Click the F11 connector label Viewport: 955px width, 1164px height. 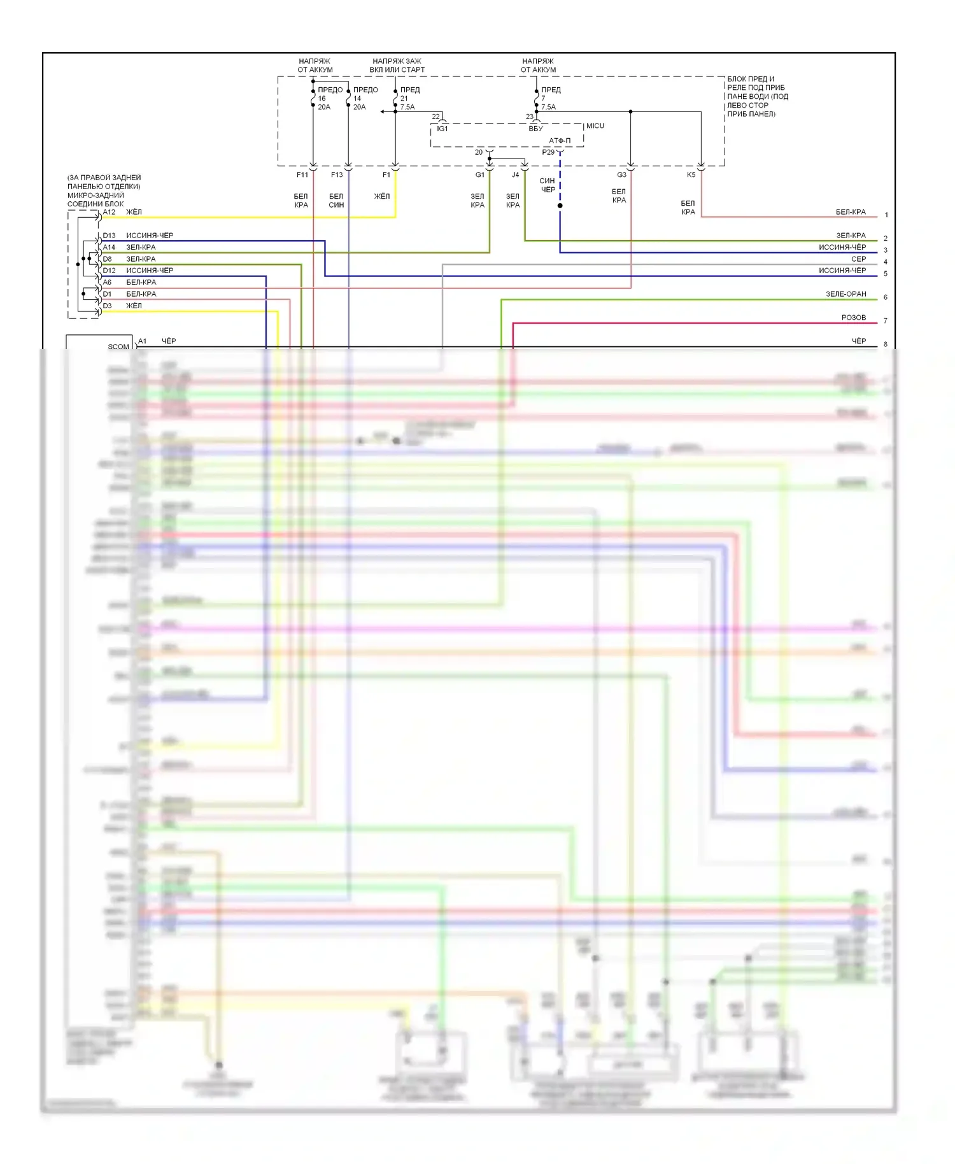(x=302, y=174)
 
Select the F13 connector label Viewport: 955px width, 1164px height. (x=337, y=174)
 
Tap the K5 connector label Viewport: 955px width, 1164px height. (x=691, y=174)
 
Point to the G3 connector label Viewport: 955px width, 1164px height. (x=621, y=174)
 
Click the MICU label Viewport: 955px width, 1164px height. (x=595, y=126)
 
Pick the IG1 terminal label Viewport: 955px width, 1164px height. (x=442, y=129)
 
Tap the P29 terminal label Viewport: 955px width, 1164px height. (x=548, y=152)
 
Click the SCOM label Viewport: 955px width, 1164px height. (x=118, y=347)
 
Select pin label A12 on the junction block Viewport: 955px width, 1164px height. (x=110, y=212)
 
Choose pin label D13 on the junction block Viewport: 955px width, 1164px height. (x=110, y=236)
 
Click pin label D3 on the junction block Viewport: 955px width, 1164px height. (x=108, y=306)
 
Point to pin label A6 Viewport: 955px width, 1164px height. (x=108, y=282)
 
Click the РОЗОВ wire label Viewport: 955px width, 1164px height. (x=853, y=318)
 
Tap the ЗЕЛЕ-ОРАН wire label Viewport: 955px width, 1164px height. (x=845, y=294)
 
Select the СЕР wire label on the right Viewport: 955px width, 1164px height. (x=858, y=259)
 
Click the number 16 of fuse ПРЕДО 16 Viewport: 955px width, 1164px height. (x=322, y=99)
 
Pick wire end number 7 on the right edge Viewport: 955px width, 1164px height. (x=885, y=321)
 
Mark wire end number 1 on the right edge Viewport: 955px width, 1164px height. (x=886, y=215)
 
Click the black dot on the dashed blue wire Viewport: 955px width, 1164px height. (x=560, y=206)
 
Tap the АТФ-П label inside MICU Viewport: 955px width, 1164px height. (x=560, y=141)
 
